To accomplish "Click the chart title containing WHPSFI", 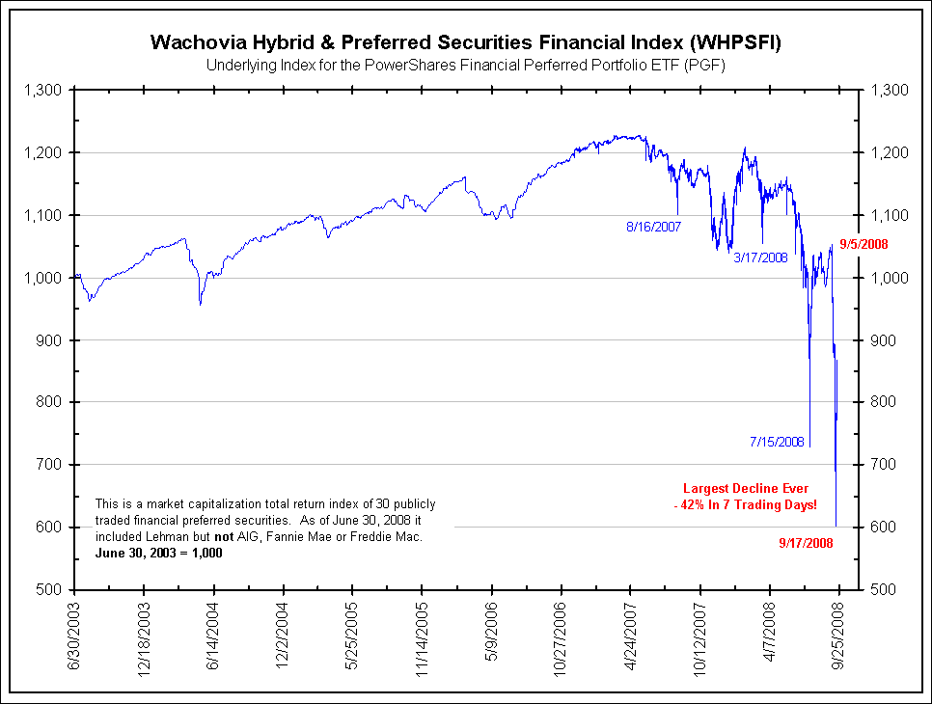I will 465,42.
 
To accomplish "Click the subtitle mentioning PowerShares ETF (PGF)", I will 465,66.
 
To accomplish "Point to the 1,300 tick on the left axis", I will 41,90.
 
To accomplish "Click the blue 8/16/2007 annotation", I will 653,228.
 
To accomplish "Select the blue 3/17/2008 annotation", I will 761,257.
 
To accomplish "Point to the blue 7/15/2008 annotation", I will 777,442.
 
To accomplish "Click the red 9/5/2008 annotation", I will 864,245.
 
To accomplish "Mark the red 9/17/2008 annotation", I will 805,543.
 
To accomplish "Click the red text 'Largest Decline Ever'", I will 746,489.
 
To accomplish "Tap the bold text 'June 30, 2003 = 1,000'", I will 159,553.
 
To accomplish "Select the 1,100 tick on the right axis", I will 889,215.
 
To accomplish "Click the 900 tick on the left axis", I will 48,340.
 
